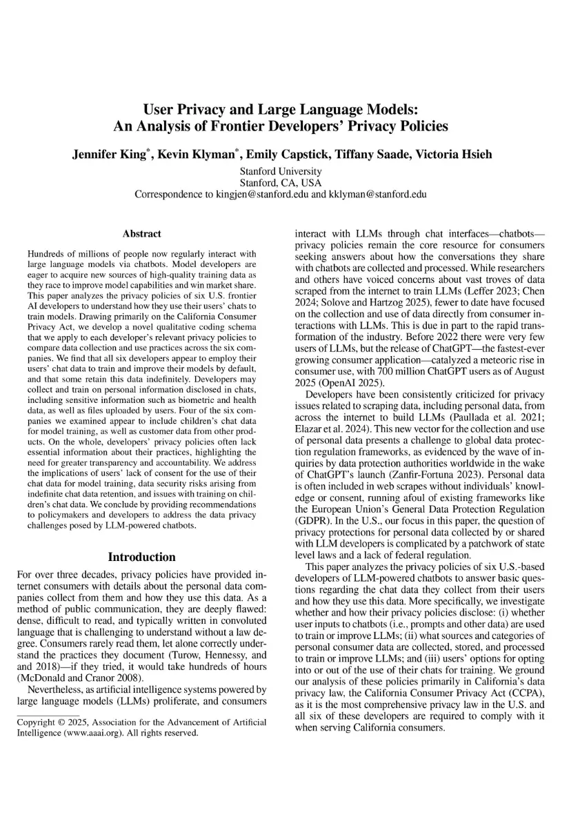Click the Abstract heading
click(141, 234)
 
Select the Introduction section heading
click(141, 557)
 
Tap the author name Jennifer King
click(111, 155)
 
